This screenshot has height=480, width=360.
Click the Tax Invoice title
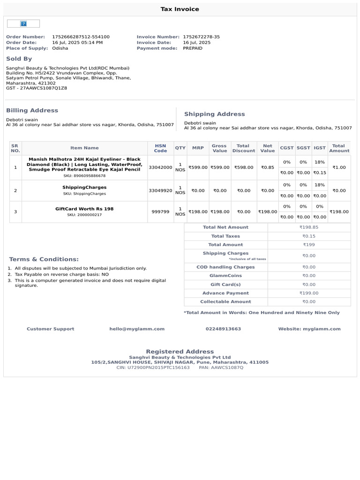pyautogui.click(x=180, y=9)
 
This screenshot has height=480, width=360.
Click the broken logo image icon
pyautogui.click(x=23, y=23)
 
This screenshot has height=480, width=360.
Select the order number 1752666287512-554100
pyautogui.click(x=81, y=37)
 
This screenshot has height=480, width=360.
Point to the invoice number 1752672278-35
pyautogui.click(x=201, y=37)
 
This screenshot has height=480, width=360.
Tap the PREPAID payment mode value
pyautogui.click(x=193, y=48)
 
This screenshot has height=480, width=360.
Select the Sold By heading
pyautogui.click(x=19, y=59)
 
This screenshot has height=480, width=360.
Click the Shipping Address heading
pyautogui.click(x=214, y=114)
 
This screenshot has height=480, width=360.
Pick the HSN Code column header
pyautogui.click(x=160, y=148)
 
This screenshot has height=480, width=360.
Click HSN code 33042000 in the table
pyautogui.click(x=160, y=167)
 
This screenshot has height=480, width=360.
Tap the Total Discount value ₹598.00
pyautogui.click(x=244, y=167)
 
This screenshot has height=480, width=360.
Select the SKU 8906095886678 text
pyautogui.click(x=84, y=176)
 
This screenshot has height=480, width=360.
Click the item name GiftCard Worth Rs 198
pyautogui.click(x=84, y=209)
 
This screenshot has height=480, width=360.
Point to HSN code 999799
pyautogui.click(x=160, y=212)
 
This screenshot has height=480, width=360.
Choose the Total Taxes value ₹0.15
pyautogui.click(x=309, y=236)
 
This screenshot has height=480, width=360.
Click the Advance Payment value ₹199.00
pyautogui.click(x=309, y=293)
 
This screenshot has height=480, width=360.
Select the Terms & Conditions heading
pyautogui.click(x=44, y=259)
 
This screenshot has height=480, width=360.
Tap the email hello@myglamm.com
pyautogui.click(x=137, y=329)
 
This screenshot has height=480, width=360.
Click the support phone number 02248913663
pyautogui.click(x=223, y=329)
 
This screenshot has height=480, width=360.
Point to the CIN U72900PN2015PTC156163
pyautogui.click(x=153, y=367)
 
